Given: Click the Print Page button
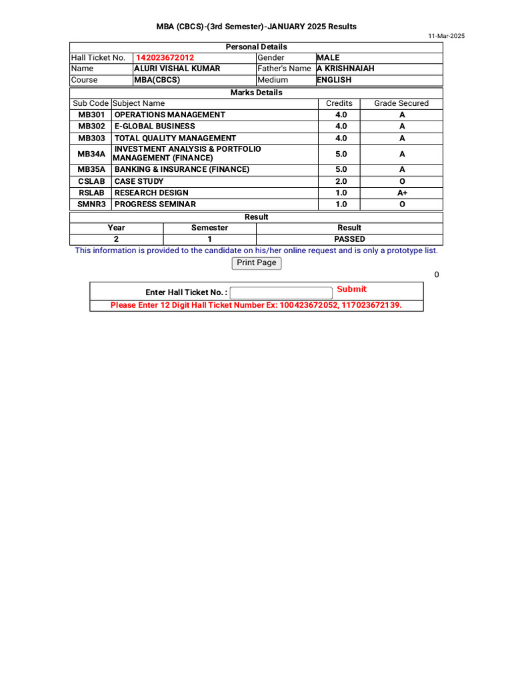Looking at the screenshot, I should [x=257, y=263].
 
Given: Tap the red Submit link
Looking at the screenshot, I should [x=351, y=289].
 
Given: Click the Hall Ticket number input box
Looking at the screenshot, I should [x=281, y=292].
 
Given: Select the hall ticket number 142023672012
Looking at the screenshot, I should [x=165, y=58].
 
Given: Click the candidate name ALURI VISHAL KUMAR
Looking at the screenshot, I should [x=177, y=69].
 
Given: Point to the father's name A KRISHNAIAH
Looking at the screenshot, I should [x=345, y=69].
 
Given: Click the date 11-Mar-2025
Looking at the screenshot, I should [x=447, y=36].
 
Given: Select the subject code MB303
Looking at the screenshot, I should [x=91, y=139].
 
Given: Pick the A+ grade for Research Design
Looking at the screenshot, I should [x=402, y=193].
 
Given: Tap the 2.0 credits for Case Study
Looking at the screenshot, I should [x=341, y=181].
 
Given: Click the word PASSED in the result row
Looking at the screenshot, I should [x=349, y=239].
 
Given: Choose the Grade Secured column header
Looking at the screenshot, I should [x=401, y=104].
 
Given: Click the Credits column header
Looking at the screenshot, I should [x=339, y=104].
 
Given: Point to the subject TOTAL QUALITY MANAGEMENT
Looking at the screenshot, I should [x=175, y=139].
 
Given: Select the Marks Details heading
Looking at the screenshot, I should [x=257, y=93].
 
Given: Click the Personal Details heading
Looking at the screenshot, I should [x=257, y=47].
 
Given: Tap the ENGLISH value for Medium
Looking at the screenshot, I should [x=334, y=80].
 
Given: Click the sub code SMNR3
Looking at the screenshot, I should [x=91, y=204].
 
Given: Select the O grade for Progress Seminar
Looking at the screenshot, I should [x=402, y=204].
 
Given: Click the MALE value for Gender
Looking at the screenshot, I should [x=328, y=58].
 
